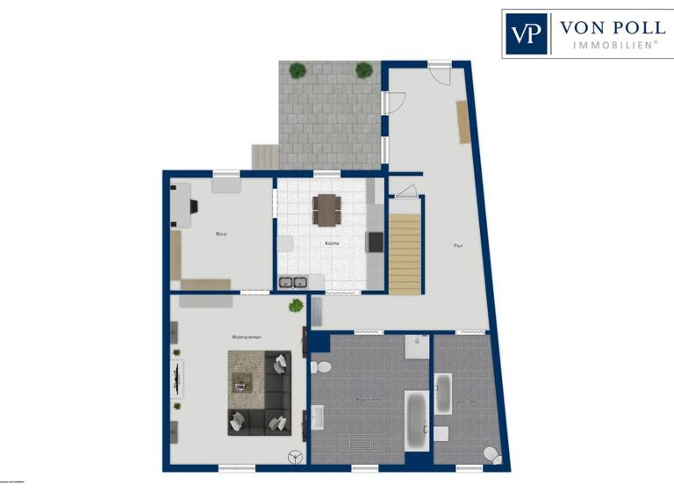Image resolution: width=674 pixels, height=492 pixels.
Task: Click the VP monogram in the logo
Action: click(527, 34)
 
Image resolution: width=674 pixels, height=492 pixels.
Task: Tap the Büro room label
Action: click(222, 235)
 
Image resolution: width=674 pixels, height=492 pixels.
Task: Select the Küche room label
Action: click(332, 242)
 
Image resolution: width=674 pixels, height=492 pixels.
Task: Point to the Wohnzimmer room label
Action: click(247, 336)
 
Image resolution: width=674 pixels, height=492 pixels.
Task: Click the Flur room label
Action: click(457, 245)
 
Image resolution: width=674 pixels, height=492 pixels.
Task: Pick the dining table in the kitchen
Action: click(327, 208)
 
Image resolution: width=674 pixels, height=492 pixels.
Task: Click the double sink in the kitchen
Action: click(292, 282)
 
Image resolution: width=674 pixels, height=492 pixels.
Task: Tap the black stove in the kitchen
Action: click(375, 242)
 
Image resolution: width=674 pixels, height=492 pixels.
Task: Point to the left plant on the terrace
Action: click(298, 69)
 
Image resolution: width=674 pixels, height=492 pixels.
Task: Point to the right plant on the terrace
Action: click(363, 70)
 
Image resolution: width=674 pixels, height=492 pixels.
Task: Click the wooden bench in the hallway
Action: click(462, 121)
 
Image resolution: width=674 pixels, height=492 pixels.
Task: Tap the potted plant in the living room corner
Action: click(297, 306)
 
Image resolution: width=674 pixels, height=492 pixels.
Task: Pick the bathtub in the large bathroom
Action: click(416, 419)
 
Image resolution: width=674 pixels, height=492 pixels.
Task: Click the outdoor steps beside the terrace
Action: click(265, 156)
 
